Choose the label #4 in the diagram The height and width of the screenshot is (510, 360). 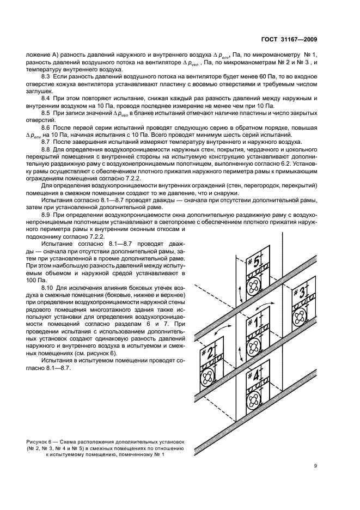256,374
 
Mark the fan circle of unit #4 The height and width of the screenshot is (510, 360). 253,400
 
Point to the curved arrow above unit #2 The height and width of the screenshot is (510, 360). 223,331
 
